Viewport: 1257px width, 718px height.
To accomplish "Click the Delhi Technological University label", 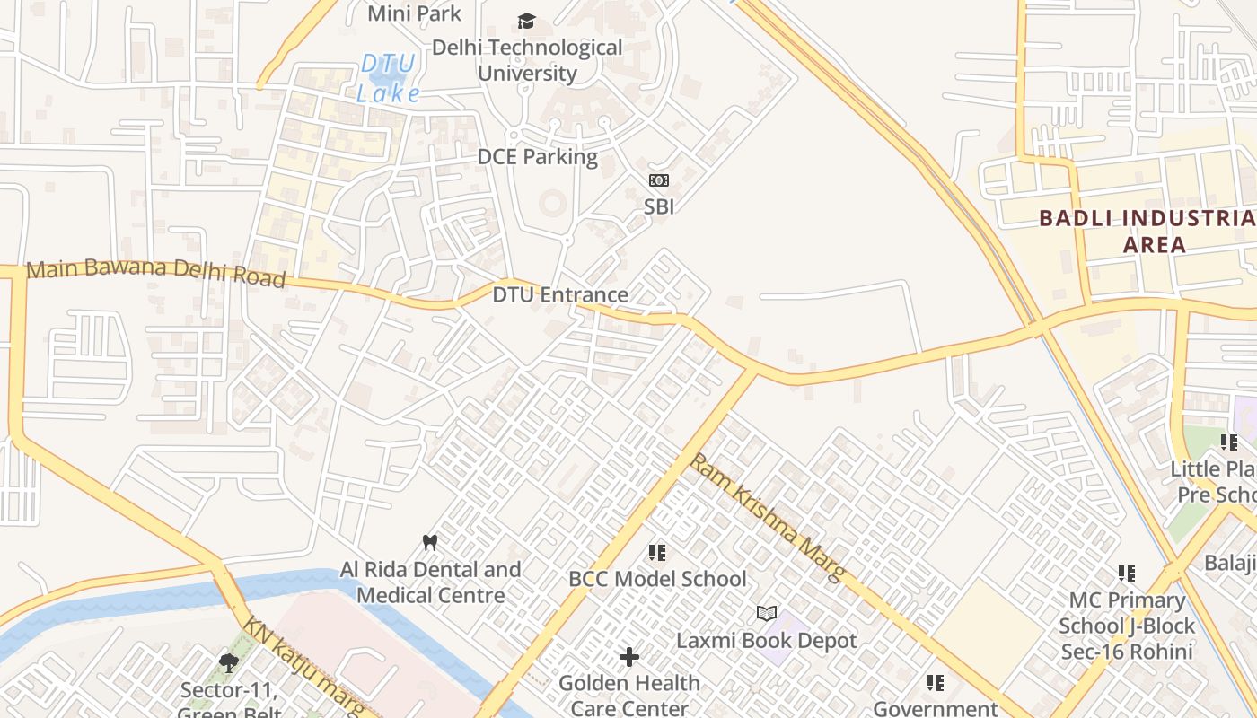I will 527,60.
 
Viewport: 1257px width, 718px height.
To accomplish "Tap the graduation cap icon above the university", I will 526,21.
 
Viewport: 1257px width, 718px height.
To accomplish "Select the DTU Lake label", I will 388,78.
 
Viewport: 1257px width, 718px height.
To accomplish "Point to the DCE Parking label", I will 537,157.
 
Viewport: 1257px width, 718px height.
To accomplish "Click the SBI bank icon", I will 659,180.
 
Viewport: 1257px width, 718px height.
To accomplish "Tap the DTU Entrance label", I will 560,294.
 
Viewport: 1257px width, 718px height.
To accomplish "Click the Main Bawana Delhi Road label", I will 156,274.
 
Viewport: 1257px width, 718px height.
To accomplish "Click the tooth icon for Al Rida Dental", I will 430,542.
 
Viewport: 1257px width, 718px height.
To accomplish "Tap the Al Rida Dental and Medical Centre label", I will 430,582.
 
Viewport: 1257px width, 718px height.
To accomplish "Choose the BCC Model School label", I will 657,579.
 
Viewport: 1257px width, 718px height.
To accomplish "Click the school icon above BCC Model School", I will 657,553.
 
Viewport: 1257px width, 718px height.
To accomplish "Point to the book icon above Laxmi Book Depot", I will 766,613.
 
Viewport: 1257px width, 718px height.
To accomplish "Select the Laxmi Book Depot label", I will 766,641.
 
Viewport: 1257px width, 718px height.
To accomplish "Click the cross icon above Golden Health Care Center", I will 629,657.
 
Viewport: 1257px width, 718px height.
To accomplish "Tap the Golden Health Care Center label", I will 629,695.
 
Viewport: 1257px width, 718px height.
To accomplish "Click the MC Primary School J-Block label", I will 1127,626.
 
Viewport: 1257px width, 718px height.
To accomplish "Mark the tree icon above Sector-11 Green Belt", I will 228,663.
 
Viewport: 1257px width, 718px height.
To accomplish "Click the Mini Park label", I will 414,13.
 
